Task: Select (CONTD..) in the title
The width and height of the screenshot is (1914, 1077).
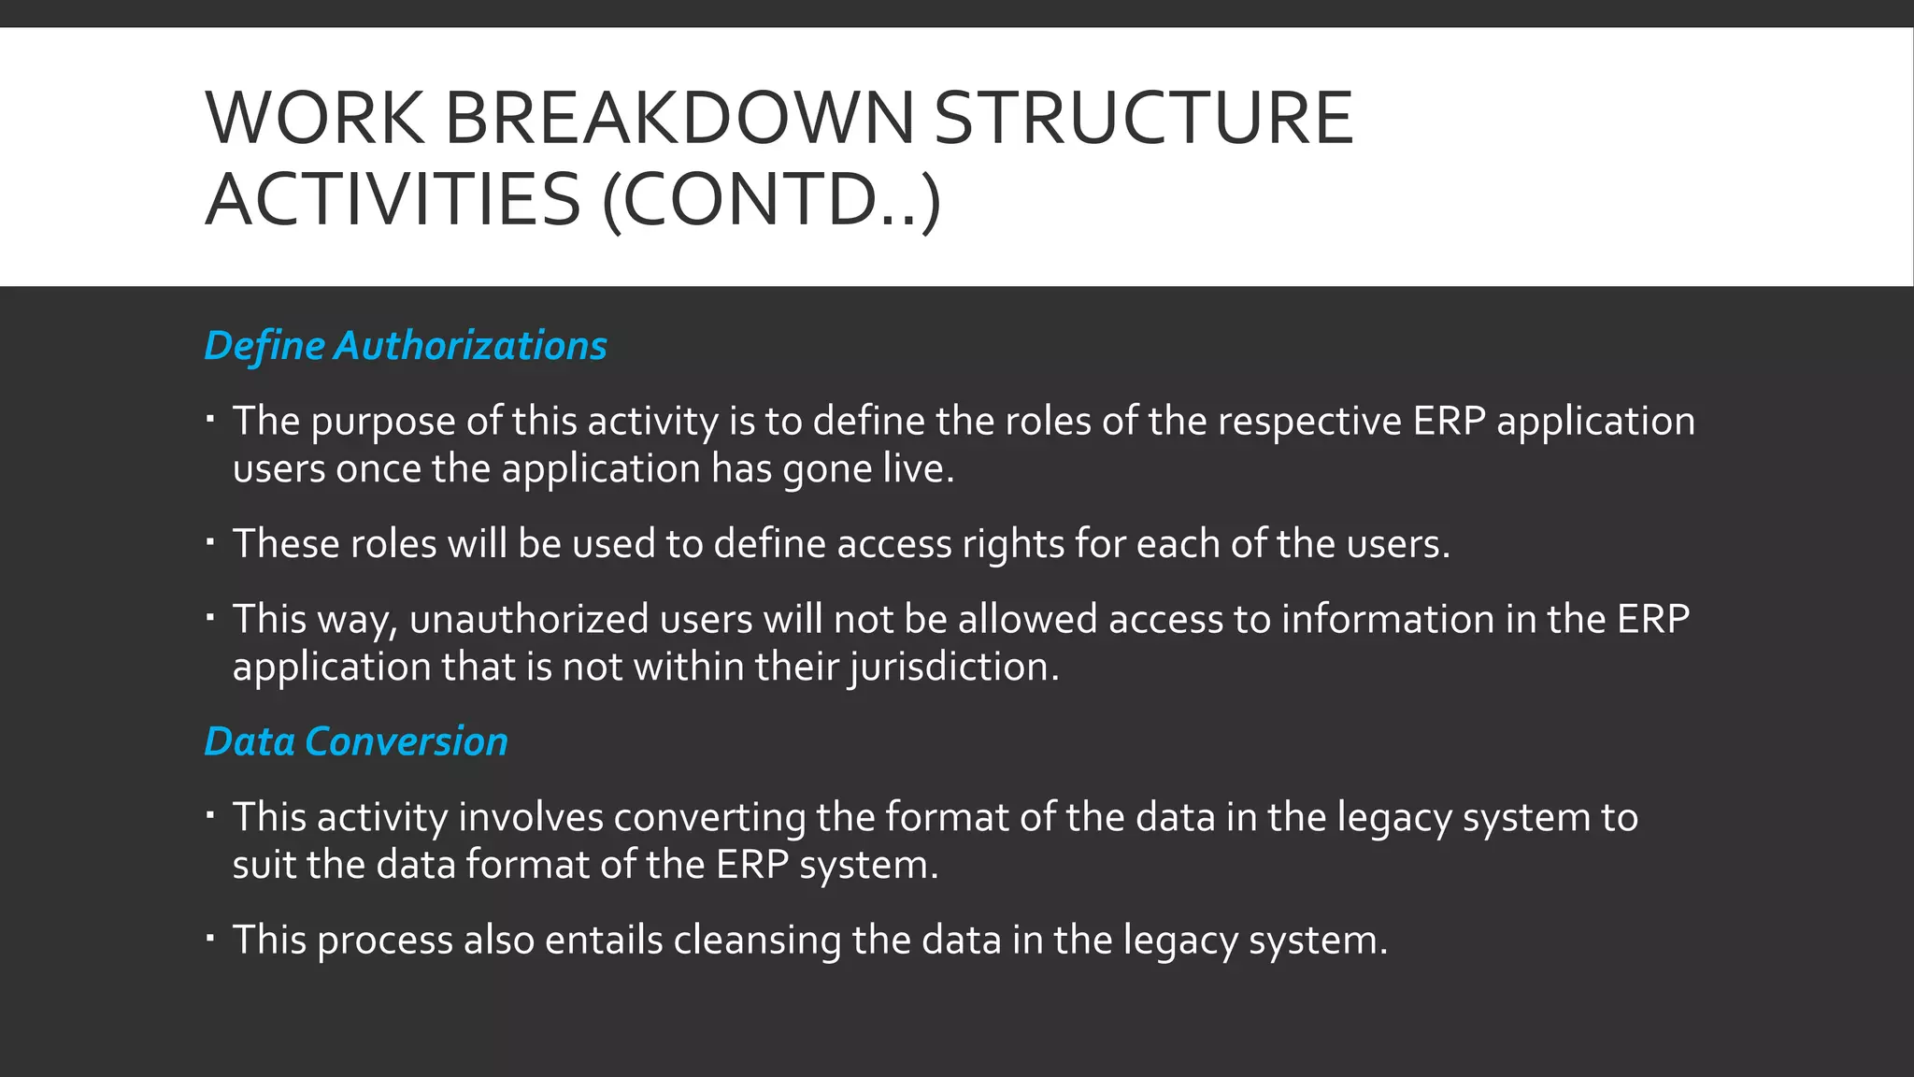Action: [771, 200]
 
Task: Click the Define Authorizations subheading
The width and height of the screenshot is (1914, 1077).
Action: [406, 346]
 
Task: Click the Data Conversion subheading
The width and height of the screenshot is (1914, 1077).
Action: [356, 741]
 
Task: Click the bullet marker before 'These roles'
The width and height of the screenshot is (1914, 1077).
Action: [211, 540]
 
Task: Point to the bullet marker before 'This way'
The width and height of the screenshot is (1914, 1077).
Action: [211, 616]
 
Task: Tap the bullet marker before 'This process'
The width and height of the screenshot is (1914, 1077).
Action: [211, 937]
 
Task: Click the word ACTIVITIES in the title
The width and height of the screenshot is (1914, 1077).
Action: [393, 200]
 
